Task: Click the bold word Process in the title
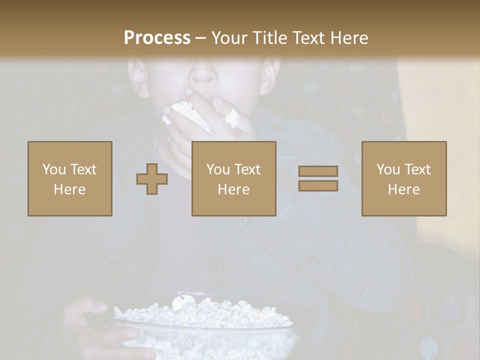(157, 38)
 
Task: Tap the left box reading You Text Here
(70, 178)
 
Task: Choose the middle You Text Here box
(234, 178)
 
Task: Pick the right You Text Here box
(404, 178)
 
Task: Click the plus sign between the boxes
(152, 178)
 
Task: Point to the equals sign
(318, 178)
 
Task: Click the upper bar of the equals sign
(318, 171)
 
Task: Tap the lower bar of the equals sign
(318, 185)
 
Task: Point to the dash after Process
(201, 38)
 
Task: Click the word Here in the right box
(404, 189)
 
